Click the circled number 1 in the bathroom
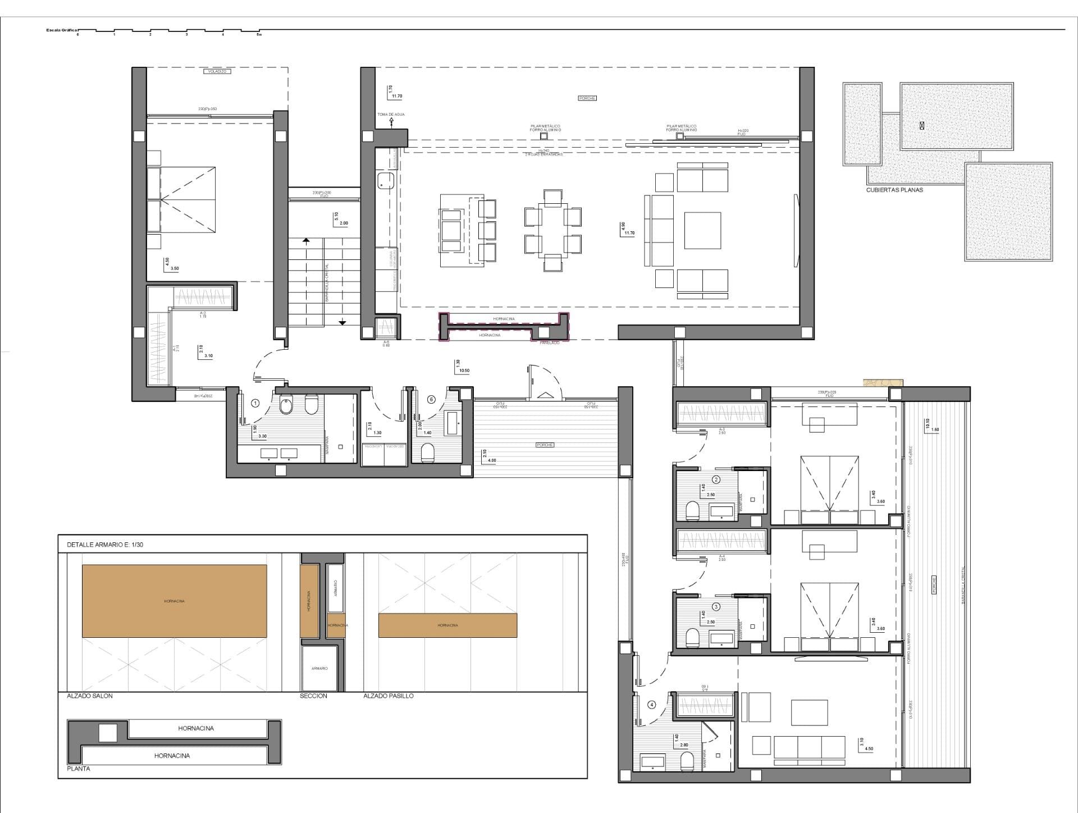tap(255, 403)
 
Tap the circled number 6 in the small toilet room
tap(431, 399)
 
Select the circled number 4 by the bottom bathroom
tap(652, 705)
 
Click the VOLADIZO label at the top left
tap(217, 72)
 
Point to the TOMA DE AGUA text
tap(391, 114)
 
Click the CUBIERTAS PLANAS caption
tap(894, 190)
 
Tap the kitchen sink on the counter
tap(386, 181)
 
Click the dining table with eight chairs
tap(553, 231)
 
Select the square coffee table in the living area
tap(702, 230)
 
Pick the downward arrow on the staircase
tap(342, 322)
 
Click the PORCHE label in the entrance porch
tap(544, 445)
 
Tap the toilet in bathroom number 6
tap(427, 453)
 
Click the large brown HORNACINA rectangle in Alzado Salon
tap(175, 601)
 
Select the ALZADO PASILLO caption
tap(388, 696)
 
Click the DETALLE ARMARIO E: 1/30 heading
tap(105, 545)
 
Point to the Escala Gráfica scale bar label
tap(62, 30)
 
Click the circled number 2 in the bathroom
tap(716, 479)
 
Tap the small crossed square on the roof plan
tap(922, 126)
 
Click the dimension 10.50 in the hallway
tap(464, 371)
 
